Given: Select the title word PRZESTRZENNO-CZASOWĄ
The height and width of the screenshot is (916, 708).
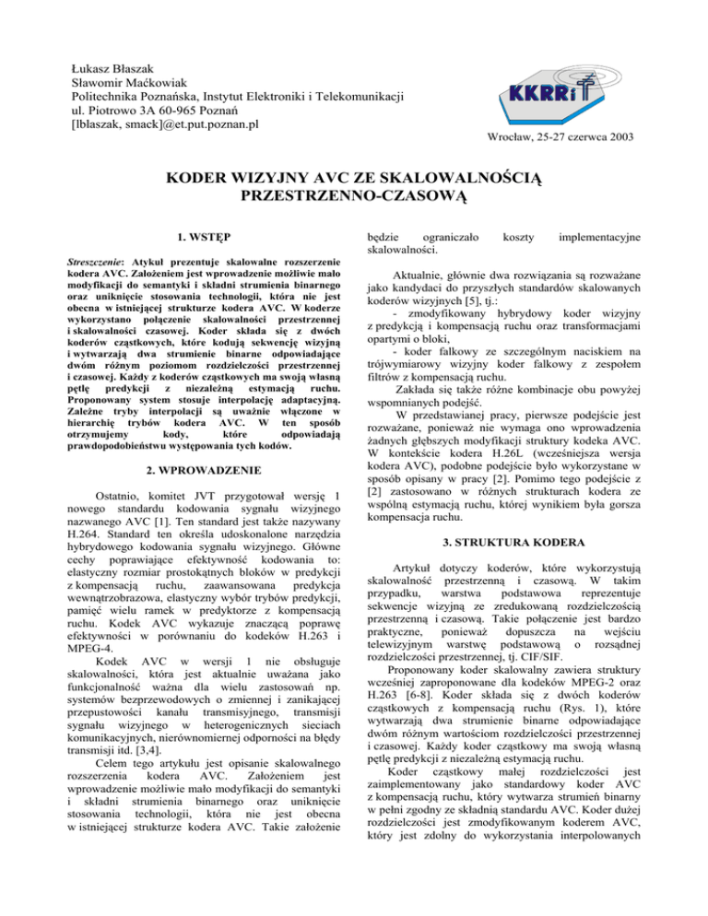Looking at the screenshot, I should pos(354,196).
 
